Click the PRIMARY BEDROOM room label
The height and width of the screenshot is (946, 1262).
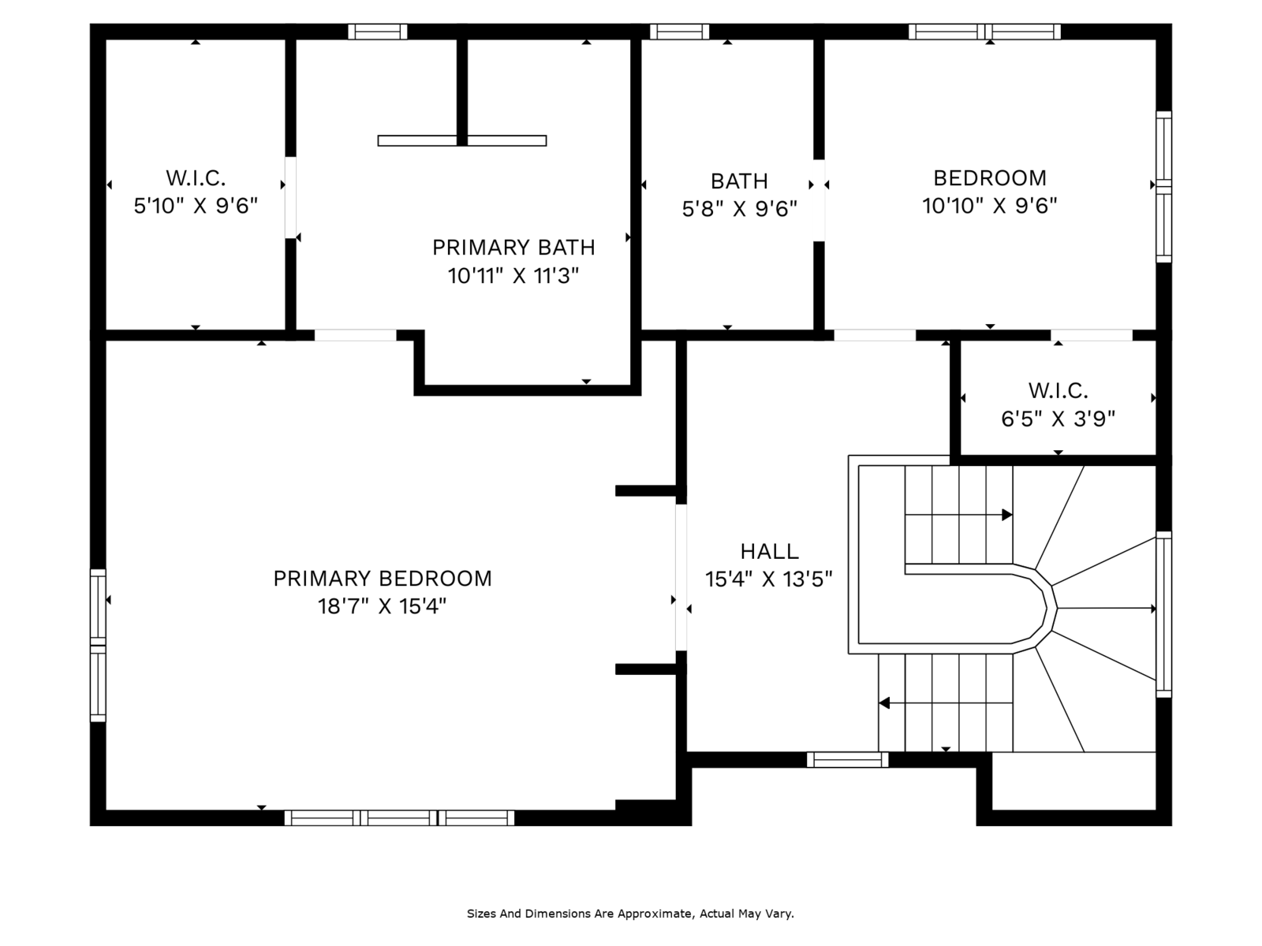coord(383,579)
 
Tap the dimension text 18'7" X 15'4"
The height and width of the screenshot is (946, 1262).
coord(383,606)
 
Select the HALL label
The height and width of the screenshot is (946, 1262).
coord(769,551)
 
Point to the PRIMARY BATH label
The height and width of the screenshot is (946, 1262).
coord(513,248)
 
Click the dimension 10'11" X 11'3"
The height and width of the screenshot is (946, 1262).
coord(513,276)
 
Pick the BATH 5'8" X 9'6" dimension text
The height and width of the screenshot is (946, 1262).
coord(739,209)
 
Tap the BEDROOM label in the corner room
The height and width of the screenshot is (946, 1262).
coord(989,178)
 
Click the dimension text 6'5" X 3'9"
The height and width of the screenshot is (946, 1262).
coord(1058,419)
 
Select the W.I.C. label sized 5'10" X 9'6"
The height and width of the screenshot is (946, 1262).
coord(196,178)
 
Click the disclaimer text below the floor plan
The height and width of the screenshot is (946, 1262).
coord(630,914)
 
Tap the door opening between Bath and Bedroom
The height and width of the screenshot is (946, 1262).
coord(820,200)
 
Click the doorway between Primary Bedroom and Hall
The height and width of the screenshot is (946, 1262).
coord(681,577)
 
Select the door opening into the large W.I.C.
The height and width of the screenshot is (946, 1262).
coord(291,198)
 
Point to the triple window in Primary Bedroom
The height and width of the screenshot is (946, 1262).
coord(400,818)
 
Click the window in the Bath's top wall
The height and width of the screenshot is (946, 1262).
coord(679,32)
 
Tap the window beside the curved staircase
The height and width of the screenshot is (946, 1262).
coord(1163,615)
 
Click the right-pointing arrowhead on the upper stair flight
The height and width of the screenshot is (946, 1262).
coord(1006,515)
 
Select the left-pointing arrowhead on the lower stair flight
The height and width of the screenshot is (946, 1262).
coord(884,702)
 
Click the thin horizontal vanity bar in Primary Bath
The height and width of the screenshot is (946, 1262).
coord(461,141)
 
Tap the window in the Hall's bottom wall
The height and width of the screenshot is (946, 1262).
coord(847,760)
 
